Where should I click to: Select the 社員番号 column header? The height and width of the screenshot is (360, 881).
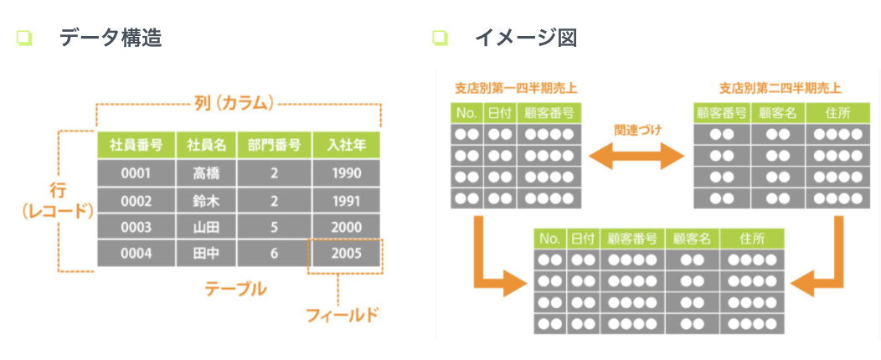136,146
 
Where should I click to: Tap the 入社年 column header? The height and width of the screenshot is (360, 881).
346,146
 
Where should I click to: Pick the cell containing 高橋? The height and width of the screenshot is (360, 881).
205,173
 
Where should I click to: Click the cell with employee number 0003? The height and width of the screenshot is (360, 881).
136,227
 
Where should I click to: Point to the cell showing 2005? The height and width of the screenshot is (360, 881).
346,253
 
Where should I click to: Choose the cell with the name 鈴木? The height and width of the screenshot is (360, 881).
205,200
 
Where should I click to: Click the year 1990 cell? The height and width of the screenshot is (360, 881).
346,173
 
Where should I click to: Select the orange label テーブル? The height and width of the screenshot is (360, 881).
236,289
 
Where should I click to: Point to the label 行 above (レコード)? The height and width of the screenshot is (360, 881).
58,191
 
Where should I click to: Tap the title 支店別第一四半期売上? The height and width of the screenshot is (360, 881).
516,87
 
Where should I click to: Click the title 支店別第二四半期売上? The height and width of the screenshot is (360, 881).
779,87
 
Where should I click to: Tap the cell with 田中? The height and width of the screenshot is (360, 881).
205,253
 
